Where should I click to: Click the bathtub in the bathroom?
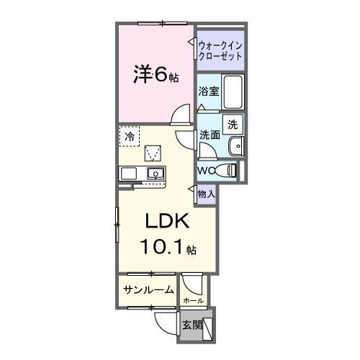233,91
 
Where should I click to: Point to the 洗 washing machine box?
233,124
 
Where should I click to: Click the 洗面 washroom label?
210,135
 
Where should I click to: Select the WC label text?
207,171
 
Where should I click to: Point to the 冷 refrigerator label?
130,135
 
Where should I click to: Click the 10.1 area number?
162,247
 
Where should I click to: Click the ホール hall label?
193,300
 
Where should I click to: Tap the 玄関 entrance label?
191,324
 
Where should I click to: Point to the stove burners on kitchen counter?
130,174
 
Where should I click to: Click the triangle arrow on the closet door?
192,43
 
